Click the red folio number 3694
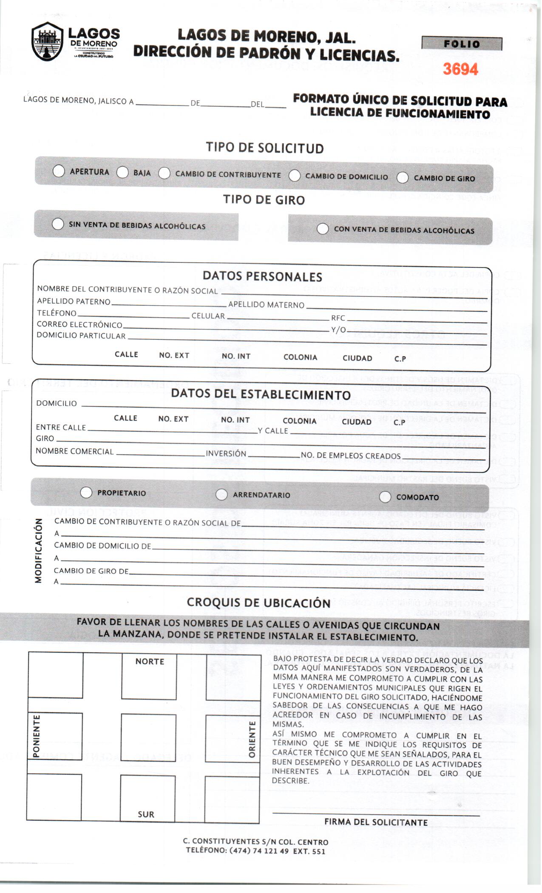pos(460,69)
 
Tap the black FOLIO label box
pos(462,44)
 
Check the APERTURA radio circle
pos(59,171)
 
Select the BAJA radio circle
pos(122,172)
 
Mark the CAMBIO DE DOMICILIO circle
pos(294,176)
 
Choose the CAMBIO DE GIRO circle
pos(402,178)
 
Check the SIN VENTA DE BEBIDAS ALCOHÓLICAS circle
pos(58,224)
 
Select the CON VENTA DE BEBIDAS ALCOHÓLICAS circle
pos(323,229)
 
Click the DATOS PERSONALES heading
pos(262,276)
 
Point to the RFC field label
pos(338,318)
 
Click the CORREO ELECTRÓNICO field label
pos(79,325)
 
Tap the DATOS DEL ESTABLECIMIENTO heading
pos(261,394)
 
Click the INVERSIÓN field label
pos(226,454)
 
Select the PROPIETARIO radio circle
pos(86,492)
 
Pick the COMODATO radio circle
pos(385,497)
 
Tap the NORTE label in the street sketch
pos(150,661)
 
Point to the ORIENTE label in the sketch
pos(252,739)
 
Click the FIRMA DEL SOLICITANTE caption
pos(376,822)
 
